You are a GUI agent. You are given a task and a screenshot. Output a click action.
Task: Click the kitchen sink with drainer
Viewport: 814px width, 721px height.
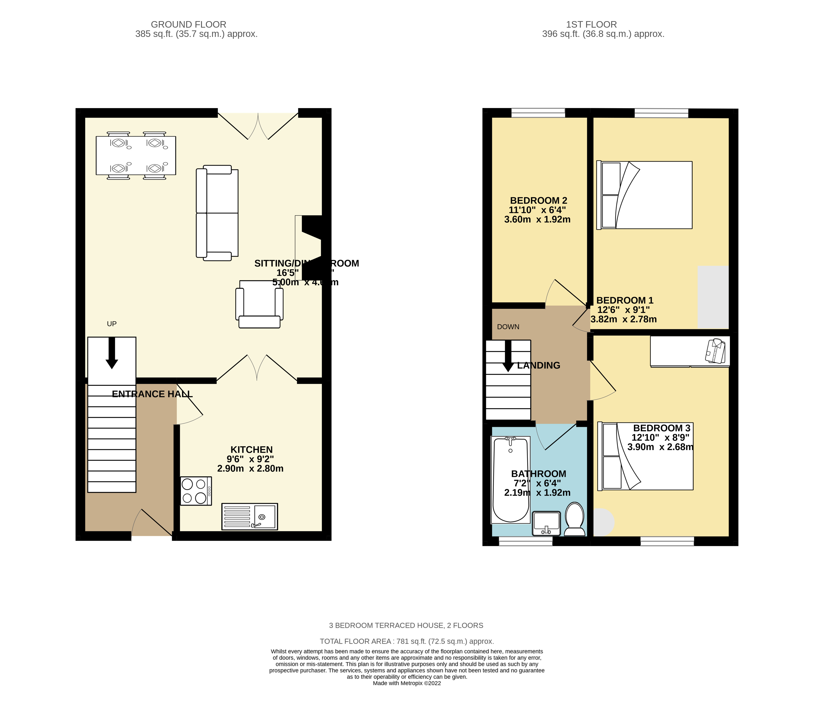(x=249, y=517)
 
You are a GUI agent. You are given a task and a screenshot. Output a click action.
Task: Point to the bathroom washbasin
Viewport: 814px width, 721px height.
(x=546, y=523)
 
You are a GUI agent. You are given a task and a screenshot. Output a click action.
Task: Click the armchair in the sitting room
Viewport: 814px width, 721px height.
(x=259, y=304)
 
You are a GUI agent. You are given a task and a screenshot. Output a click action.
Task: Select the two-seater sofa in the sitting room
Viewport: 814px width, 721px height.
(x=217, y=213)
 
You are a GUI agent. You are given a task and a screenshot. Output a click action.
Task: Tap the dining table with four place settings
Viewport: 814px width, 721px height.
(x=136, y=155)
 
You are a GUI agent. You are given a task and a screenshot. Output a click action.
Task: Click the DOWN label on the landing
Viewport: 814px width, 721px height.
(x=508, y=327)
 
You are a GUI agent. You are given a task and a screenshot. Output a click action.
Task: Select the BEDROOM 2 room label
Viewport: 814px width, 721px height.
(x=538, y=200)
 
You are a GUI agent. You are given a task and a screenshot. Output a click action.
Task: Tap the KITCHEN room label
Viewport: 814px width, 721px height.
(x=251, y=450)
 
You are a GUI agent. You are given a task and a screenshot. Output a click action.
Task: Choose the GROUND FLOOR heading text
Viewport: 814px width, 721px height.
(x=188, y=24)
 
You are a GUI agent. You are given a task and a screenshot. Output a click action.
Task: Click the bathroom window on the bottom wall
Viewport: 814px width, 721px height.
(x=525, y=541)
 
